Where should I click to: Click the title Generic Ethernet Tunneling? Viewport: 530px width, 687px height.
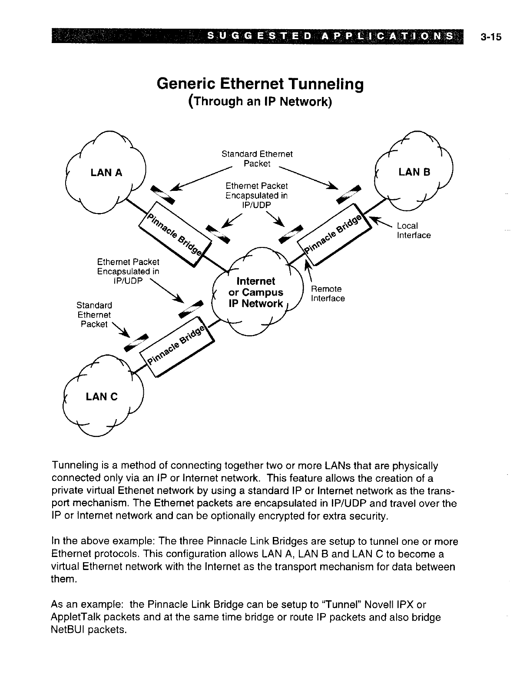pyautogui.click(x=260, y=83)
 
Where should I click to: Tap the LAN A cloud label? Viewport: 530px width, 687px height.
pyautogui.click(x=106, y=173)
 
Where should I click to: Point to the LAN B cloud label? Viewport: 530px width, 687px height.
pyautogui.click(x=414, y=172)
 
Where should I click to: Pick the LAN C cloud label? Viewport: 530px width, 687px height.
pyautogui.click(x=102, y=397)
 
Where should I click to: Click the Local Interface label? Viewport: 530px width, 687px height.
pyautogui.click(x=414, y=230)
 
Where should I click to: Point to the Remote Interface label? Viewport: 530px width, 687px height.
pyautogui.click(x=328, y=293)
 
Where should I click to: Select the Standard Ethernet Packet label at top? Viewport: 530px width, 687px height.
pyautogui.click(x=257, y=159)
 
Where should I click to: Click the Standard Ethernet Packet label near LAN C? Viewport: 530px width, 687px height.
pyautogui.click(x=94, y=314)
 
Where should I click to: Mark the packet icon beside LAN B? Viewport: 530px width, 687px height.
pyautogui.click(x=349, y=194)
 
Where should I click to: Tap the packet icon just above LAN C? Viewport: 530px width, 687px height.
pyautogui.click(x=136, y=342)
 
